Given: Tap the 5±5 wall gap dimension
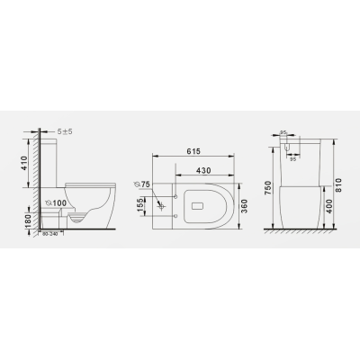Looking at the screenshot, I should coord(65,130).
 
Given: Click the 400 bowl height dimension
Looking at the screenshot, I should coord(329,206).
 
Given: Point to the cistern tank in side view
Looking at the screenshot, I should coord(52,160).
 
